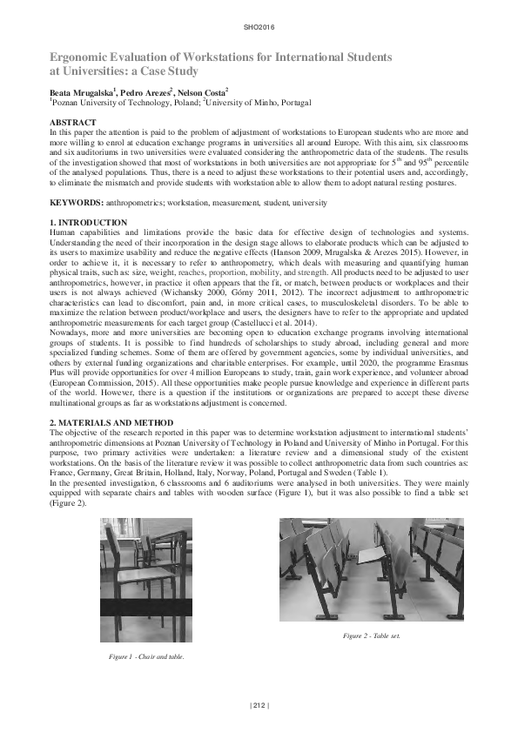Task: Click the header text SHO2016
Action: tap(259, 29)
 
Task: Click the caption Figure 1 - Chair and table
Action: tap(145, 655)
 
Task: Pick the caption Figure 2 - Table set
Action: tap(372, 635)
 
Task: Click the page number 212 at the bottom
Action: tap(259, 704)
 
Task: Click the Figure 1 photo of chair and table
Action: tap(145, 579)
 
